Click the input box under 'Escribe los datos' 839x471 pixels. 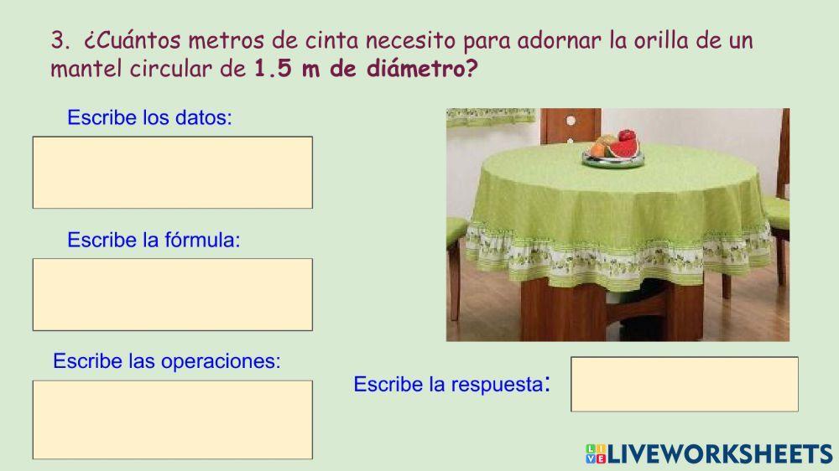tap(172, 172)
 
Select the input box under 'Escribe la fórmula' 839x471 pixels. tap(172, 293)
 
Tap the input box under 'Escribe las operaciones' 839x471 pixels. tap(172, 419)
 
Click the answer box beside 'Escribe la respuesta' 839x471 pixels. tap(684, 384)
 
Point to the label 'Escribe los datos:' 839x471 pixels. tap(149, 117)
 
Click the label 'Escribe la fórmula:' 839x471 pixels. tap(154, 240)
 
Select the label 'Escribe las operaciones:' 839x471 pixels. tap(166, 361)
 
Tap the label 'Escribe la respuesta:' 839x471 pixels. tap(451, 385)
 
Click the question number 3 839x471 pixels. tap(58, 40)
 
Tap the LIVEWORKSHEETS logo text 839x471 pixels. tap(719, 454)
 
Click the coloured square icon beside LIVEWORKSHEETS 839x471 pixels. tap(595, 454)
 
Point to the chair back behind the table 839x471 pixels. tap(570, 126)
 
